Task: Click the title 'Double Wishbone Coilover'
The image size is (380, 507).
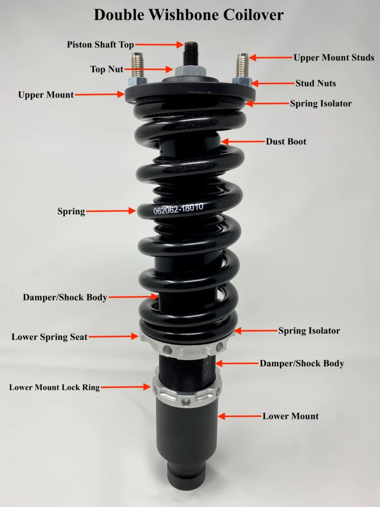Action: point(189,15)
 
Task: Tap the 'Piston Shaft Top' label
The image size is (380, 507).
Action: point(100,45)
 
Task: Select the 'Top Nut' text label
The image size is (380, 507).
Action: point(107,69)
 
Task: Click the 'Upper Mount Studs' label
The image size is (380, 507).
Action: point(334,57)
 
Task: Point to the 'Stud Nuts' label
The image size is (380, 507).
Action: point(316,83)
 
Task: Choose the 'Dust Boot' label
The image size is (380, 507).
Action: point(286,141)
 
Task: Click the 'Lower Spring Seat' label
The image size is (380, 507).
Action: point(49,337)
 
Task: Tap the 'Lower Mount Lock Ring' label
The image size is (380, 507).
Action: point(54,387)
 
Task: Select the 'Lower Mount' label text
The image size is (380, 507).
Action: point(290,416)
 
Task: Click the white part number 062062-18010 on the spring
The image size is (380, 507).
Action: point(178,208)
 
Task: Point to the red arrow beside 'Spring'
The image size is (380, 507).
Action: point(111,211)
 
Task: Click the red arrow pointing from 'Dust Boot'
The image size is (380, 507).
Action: point(243,141)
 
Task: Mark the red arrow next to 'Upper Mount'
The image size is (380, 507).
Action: point(99,95)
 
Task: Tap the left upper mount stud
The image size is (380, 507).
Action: point(138,65)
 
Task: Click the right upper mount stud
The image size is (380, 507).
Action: point(242,65)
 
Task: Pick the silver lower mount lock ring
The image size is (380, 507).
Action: point(187,392)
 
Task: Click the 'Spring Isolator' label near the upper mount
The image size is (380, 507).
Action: point(321,103)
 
